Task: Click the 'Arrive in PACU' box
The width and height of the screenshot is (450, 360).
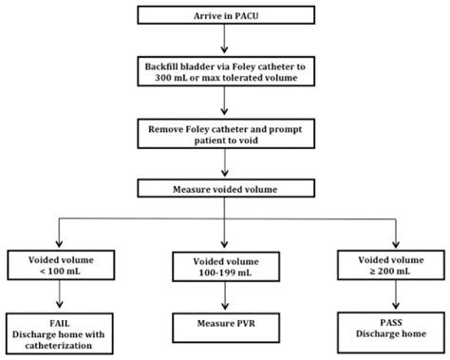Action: pos(224,15)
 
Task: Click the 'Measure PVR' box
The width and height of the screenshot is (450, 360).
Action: pos(224,329)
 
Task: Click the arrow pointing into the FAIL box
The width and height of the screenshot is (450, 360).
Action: pos(61,295)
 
